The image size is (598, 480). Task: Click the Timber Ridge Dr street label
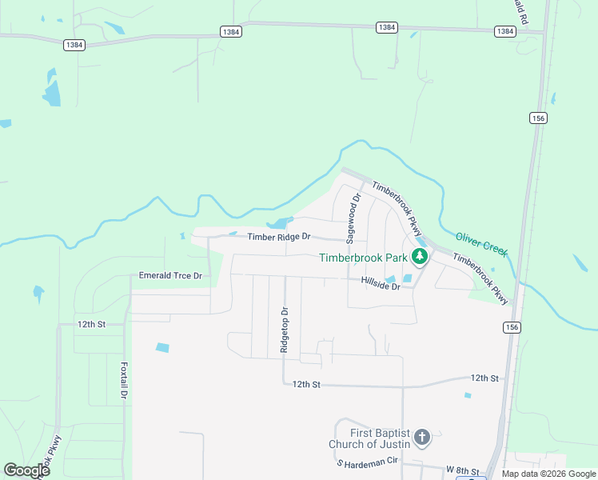pos(278,238)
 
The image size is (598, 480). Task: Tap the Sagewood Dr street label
pos(350,217)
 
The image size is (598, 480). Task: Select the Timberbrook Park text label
pos(363,258)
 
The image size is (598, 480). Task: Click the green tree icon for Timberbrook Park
pos(420,258)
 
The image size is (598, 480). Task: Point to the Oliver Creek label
pos(481,244)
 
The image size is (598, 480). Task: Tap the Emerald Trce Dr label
pos(171,275)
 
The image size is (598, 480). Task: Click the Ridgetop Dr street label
pos(284,330)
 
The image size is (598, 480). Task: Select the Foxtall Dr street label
pos(124,382)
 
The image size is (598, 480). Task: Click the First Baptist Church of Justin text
pos(369,438)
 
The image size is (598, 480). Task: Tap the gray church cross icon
pos(422,438)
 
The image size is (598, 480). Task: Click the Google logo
pos(26,470)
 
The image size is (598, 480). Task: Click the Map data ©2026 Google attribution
pos(549,474)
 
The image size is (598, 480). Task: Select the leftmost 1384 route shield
pos(74,45)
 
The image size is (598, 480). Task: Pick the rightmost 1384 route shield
pos(504,31)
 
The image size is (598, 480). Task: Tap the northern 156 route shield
pos(537,118)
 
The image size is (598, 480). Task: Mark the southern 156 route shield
pos(512,327)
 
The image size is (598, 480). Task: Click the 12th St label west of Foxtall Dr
pos(92,324)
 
